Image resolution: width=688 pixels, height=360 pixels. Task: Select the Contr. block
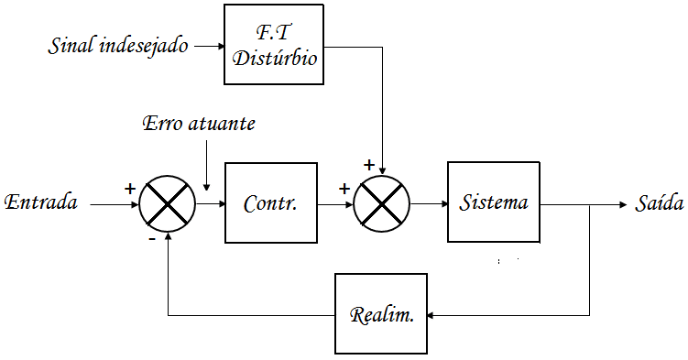[270, 202]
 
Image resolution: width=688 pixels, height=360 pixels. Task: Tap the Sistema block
[494, 202]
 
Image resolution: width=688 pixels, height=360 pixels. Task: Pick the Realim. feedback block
[381, 313]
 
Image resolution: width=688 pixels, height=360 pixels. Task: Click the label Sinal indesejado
[118, 45]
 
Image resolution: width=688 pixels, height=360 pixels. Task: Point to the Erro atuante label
[199, 123]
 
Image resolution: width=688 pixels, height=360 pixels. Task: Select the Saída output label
[659, 202]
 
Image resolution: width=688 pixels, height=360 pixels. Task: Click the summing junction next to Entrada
[168, 202]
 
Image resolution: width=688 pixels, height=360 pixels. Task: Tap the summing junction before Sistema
[382, 202]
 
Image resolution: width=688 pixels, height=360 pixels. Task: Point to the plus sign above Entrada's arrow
[130, 188]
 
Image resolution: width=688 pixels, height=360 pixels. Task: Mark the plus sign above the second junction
[369, 166]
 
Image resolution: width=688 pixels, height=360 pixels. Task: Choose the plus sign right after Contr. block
[344, 189]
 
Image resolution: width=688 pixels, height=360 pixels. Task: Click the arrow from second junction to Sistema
[429, 202]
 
